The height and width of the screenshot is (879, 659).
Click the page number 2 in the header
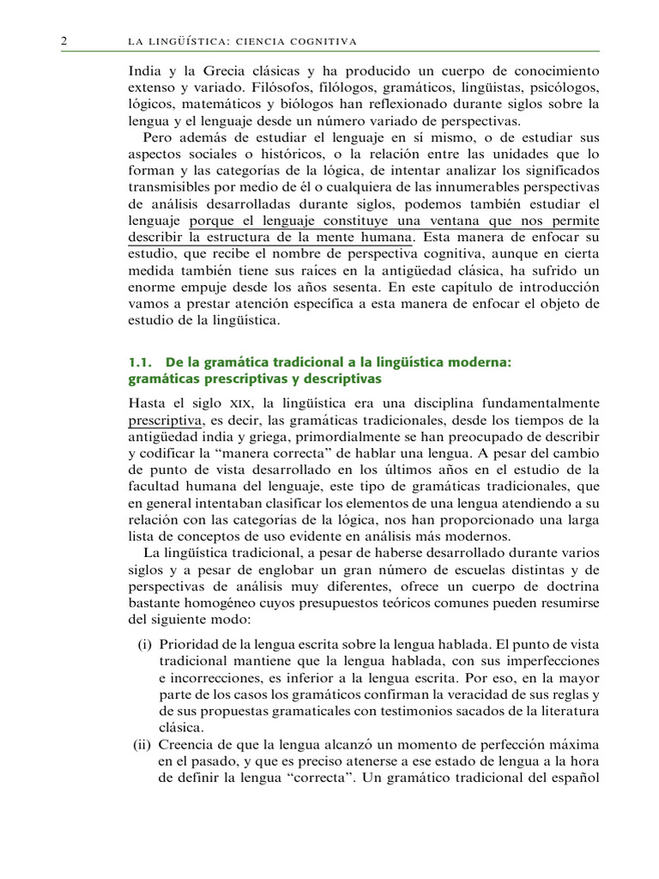click(64, 41)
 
